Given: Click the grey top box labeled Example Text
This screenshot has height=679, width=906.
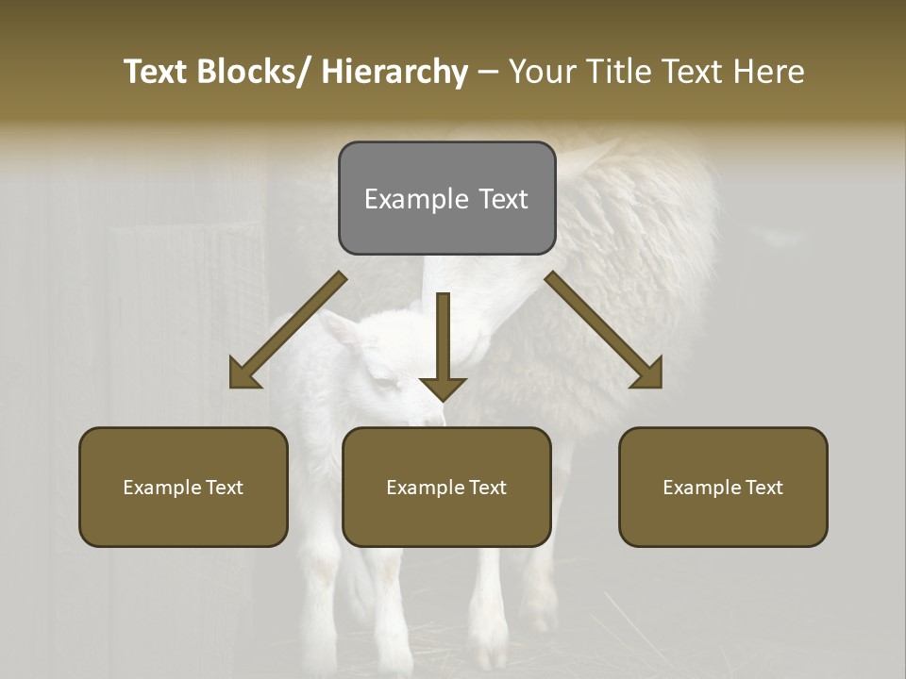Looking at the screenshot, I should click(x=446, y=198).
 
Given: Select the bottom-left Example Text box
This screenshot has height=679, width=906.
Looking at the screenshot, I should click(x=183, y=487).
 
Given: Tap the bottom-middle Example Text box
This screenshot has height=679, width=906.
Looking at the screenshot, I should click(x=446, y=487).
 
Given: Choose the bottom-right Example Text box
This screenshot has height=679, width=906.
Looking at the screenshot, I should click(x=723, y=487).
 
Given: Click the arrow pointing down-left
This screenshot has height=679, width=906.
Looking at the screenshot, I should click(x=288, y=330).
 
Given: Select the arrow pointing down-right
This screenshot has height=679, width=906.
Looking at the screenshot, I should click(x=604, y=330).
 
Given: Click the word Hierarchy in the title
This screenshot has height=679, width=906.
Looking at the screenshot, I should click(x=394, y=72).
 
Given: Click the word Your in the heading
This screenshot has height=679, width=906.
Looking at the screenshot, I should click(x=540, y=72).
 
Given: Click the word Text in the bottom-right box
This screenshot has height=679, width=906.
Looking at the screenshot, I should click(x=763, y=487).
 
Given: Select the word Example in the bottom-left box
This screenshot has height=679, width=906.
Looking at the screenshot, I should click(x=160, y=487).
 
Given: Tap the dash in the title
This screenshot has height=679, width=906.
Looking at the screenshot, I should click(x=488, y=72).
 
